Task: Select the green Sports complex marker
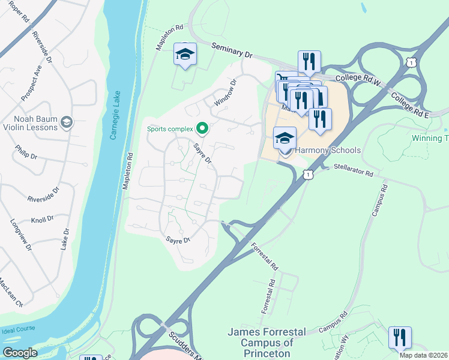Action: click(x=202, y=128)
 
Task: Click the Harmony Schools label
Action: click(x=328, y=150)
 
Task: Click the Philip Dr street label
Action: click(x=26, y=152)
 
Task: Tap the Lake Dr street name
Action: click(x=64, y=238)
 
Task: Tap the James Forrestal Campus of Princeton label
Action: click(x=267, y=342)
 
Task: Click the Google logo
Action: click(x=20, y=353)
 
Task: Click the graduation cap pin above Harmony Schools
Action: click(x=285, y=139)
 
